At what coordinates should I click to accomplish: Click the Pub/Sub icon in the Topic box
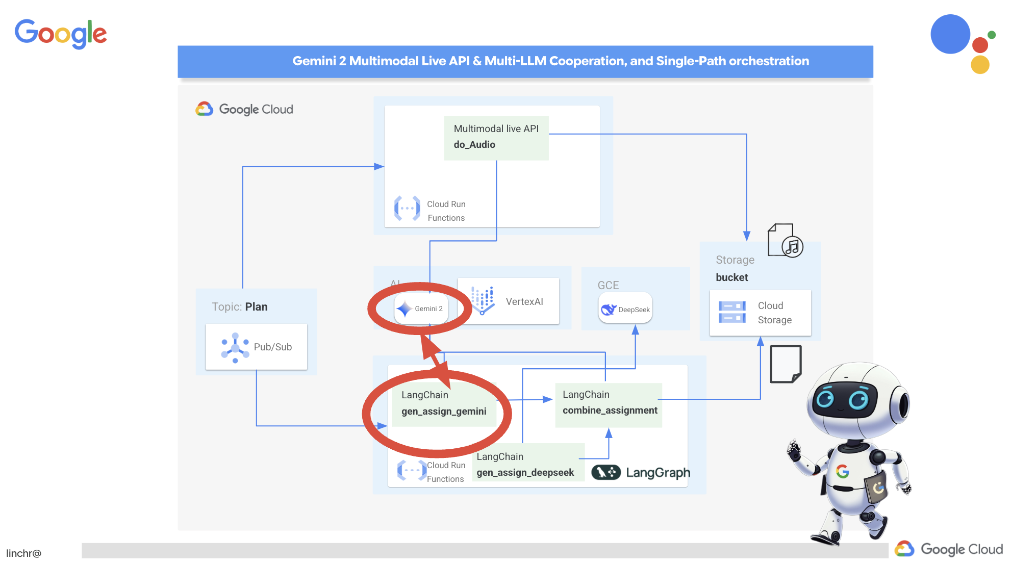tap(235, 347)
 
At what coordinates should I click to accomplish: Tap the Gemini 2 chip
tap(421, 309)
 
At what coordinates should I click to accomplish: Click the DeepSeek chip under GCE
tap(625, 309)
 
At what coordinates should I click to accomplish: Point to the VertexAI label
tap(524, 301)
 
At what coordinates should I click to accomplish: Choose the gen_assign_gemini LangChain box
tap(443, 403)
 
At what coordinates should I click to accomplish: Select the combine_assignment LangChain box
tap(609, 403)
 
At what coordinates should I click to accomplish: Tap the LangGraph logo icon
tap(605, 472)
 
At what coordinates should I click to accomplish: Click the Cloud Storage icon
tap(732, 312)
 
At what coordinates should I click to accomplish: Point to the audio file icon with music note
tap(785, 241)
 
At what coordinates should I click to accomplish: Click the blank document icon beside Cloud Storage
tap(786, 364)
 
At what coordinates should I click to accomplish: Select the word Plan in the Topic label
tap(256, 307)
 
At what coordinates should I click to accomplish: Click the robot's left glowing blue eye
tap(824, 398)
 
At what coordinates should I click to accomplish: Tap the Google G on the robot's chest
tap(842, 471)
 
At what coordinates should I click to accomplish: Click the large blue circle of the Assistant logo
tap(950, 34)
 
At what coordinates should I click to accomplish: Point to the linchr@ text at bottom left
tap(23, 553)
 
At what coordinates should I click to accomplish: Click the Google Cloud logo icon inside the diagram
tap(205, 109)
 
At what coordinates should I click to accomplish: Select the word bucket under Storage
tap(731, 277)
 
